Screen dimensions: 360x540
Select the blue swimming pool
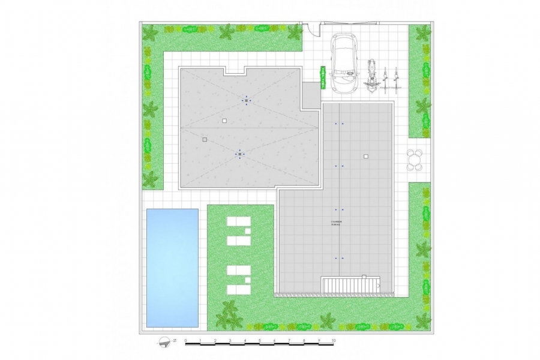coord(172,268)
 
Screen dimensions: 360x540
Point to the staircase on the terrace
coord(351,285)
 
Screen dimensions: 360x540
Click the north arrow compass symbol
coord(164,342)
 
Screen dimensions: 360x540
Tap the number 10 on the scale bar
coord(334,340)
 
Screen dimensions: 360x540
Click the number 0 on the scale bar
coord(186,340)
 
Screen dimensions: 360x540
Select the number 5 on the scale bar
coord(260,340)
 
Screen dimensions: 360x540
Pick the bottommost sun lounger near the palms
coord(238,289)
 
